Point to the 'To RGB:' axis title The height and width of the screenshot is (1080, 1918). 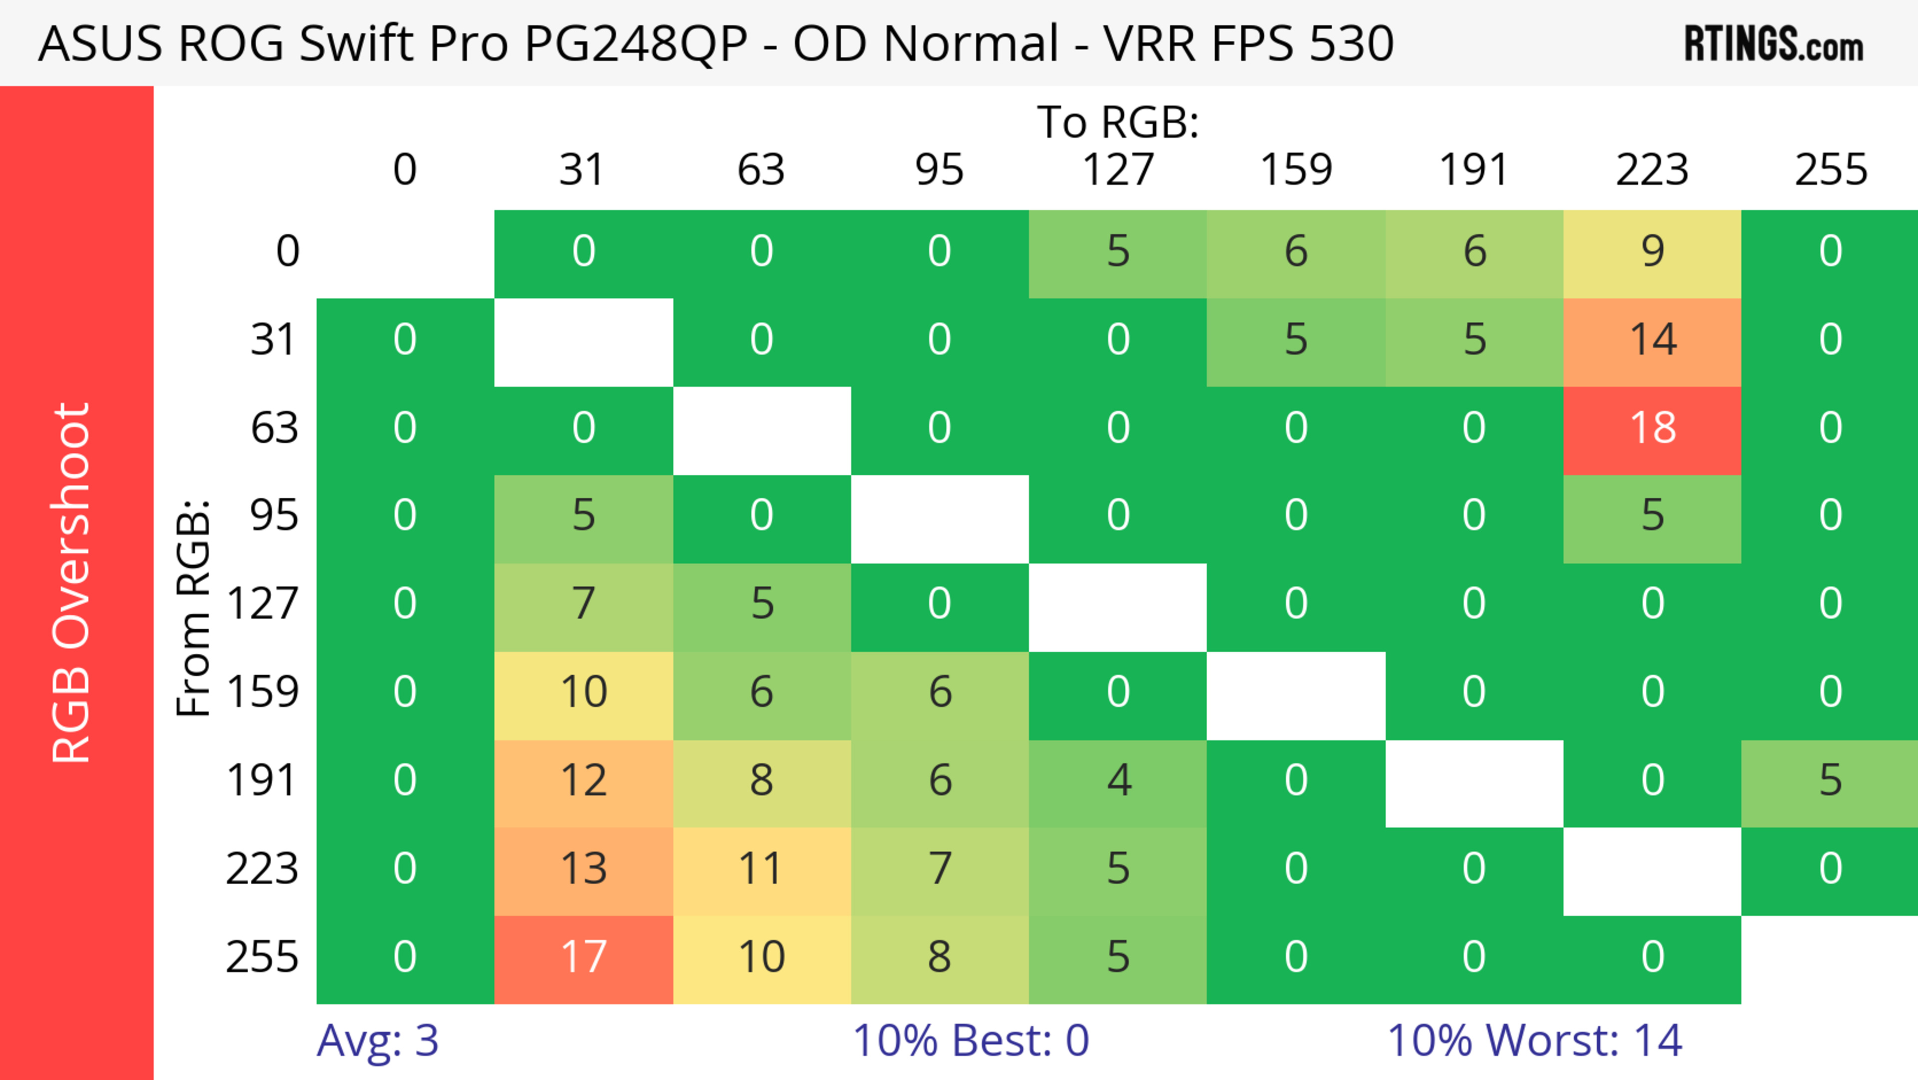[1118, 122]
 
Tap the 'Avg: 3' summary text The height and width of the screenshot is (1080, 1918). [378, 1041]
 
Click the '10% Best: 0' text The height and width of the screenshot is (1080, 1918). [970, 1041]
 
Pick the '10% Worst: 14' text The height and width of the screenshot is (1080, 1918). [1534, 1041]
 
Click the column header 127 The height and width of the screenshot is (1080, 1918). [1118, 170]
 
